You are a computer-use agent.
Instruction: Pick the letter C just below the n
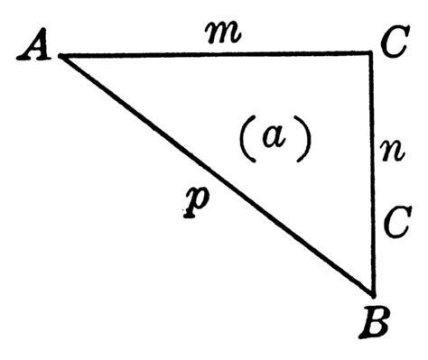coord(395,222)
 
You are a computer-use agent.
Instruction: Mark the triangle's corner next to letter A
coord(60,55)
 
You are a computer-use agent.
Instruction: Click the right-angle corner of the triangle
coord(373,54)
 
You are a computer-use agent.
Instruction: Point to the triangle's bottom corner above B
coord(373,292)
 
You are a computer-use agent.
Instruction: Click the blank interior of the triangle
coord(307,99)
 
